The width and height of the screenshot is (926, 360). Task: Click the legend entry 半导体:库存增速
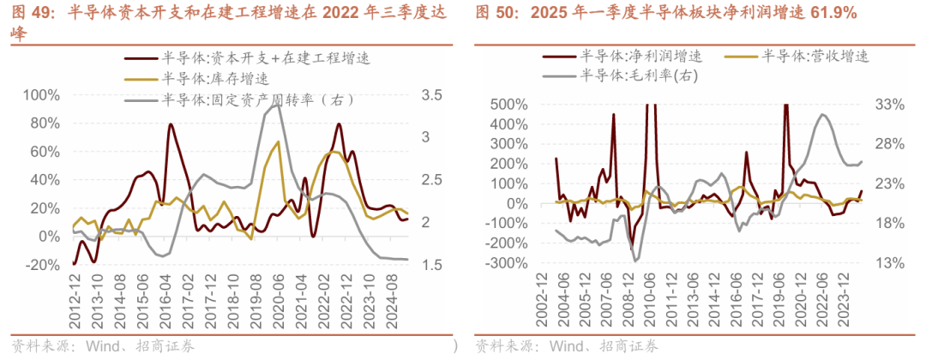tap(215, 78)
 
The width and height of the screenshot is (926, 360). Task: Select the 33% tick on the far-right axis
tap(891, 105)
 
